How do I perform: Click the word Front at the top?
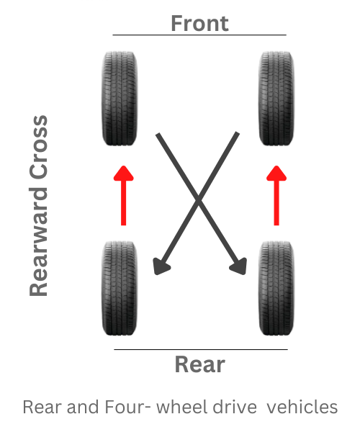point(199,24)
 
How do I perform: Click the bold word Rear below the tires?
point(200,364)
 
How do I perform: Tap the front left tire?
point(120,99)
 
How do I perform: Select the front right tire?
point(276,99)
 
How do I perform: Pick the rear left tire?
point(120,288)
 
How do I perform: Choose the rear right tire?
point(276,288)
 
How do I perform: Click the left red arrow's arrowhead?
point(124,174)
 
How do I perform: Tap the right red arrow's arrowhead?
point(276,174)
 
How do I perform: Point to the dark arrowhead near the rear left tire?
point(161,266)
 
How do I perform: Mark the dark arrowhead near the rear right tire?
point(239,266)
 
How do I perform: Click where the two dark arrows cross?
point(198,199)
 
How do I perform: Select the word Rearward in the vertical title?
point(39,242)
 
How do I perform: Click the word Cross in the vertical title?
point(39,148)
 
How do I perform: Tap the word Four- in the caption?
point(128,407)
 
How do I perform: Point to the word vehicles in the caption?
point(302,407)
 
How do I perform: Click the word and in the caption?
point(83,408)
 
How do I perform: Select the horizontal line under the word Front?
point(199,35)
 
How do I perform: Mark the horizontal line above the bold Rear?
point(201,349)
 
